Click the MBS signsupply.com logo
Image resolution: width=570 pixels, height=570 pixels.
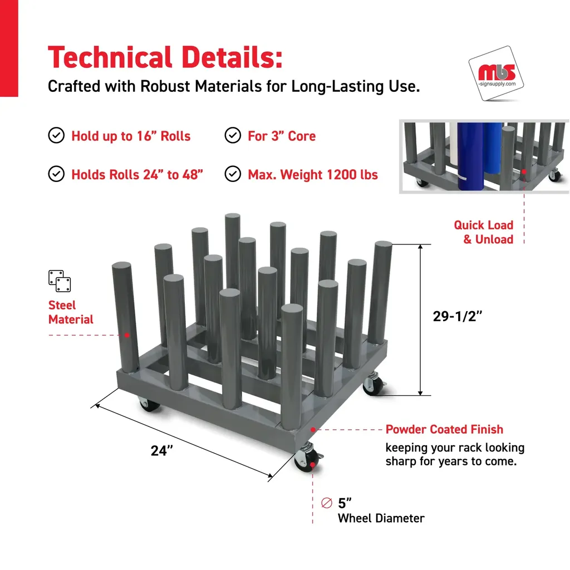496,73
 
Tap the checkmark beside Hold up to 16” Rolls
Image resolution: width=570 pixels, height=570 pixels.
56,135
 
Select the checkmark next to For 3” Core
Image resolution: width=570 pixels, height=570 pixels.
233,135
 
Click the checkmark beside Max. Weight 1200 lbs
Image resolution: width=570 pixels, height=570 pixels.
233,174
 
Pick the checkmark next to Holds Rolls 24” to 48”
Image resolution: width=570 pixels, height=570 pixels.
56,174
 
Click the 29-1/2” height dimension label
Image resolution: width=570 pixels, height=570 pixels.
458,316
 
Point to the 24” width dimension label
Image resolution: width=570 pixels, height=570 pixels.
162,451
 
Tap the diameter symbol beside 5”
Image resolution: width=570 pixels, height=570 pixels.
327,503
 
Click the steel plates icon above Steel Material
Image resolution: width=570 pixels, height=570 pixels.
60,281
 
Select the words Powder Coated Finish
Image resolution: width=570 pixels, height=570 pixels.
444,429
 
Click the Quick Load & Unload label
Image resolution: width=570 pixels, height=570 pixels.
484,232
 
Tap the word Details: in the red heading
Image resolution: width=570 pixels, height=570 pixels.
232,57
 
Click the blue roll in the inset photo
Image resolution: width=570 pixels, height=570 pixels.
471,156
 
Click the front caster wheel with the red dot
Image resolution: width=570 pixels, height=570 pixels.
307,459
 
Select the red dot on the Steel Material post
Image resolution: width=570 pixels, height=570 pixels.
127,335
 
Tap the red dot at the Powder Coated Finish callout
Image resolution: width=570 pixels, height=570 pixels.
313,430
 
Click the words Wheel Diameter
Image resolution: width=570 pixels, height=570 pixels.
381,518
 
